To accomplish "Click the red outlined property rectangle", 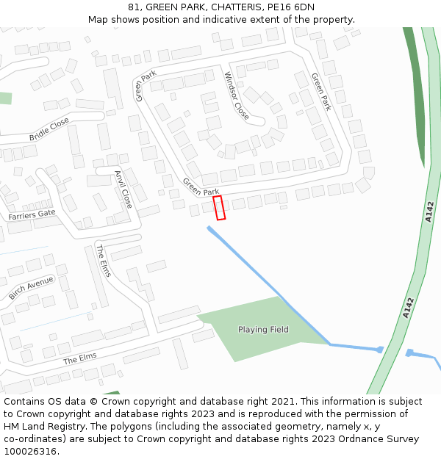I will pos(219,207).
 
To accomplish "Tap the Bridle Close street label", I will pos(49,129).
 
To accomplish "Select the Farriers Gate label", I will pos(32,214).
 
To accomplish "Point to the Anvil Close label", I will pos(123,189).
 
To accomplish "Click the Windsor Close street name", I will pos(237,95).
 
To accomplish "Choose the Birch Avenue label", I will pos(31,289).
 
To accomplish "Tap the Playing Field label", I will pos(263,330).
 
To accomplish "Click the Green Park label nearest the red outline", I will pos(201,187).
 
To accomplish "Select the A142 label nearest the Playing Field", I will pos(409,308).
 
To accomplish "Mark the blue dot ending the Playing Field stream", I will pos(380,350).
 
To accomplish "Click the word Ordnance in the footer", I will pos(353,439).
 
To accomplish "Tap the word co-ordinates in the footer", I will pos(33,439).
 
